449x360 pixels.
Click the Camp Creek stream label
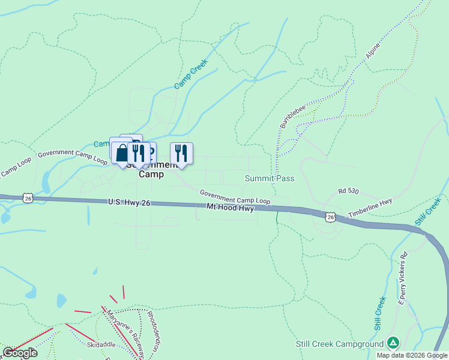(191, 74)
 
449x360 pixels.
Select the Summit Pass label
(270, 179)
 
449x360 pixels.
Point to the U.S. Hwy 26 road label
(129, 203)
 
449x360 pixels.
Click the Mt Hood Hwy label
(230, 208)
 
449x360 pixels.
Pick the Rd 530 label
(348, 191)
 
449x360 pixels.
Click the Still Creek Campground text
(339, 344)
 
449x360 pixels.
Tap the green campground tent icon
(393, 343)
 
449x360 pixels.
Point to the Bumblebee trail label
(292, 116)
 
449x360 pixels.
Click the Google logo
(20, 353)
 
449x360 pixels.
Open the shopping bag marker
(122, 152)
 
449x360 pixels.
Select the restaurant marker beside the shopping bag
(138, 154)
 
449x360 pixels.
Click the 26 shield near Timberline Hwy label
(330, 216)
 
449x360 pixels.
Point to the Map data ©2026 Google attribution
(412, 355)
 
